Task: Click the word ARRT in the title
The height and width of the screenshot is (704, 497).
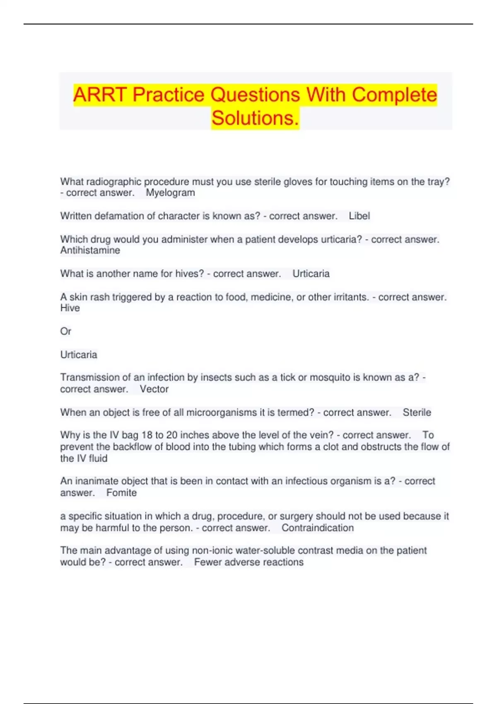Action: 100,95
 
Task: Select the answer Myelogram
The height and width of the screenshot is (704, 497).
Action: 170,193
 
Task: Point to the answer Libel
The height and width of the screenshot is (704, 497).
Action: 359,216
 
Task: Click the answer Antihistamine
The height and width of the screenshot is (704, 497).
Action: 90,251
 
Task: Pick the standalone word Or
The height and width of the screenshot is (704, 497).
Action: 65,331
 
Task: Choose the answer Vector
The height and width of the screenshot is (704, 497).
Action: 154,389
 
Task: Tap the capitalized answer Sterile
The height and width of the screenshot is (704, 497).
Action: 417,412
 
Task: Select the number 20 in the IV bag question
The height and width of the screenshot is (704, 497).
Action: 172,435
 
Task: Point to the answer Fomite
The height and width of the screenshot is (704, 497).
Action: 121,493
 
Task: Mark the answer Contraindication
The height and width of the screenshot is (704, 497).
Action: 318,528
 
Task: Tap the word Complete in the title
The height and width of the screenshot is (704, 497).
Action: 394,95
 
